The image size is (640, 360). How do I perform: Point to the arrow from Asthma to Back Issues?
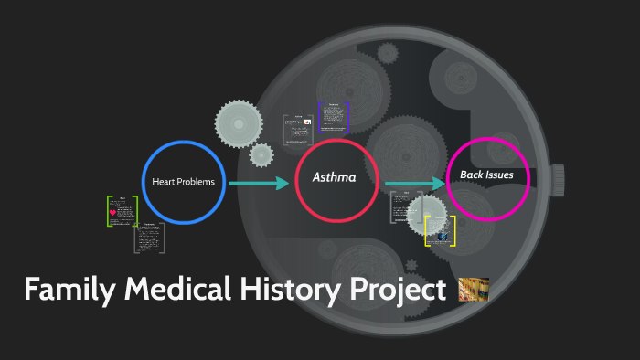click(x=413, y=185)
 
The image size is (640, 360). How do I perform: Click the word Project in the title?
click(x=396, y=291)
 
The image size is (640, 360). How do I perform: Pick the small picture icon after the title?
click(x=474, y=290)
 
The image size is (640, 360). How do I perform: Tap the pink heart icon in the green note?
click(x=112, y=212)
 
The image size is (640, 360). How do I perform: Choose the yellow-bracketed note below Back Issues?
click(x=441, y=230)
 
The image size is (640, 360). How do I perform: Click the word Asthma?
click(x=335, y=179)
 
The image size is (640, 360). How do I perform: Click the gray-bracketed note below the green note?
click(x=149, y=238)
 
